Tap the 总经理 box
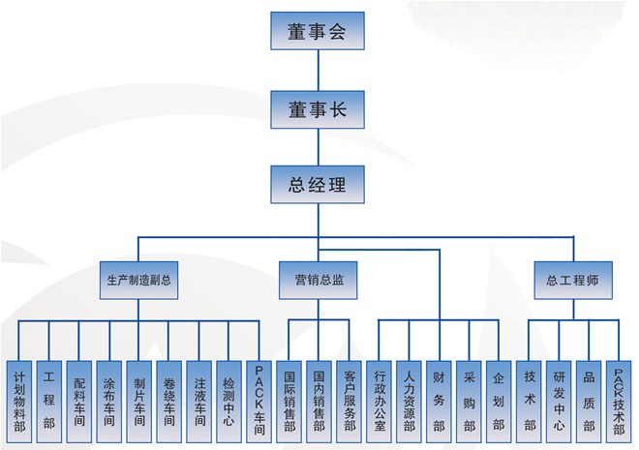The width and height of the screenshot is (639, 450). coord(318,182)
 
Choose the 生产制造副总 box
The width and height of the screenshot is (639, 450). coord(138,280)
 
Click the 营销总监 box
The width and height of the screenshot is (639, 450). coord(319,280)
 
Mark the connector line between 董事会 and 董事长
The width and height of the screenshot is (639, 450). coord(318,69)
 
